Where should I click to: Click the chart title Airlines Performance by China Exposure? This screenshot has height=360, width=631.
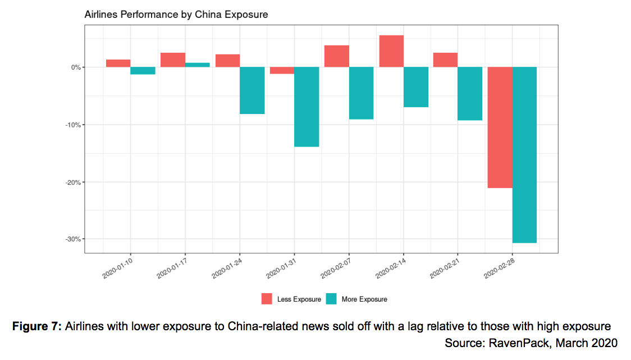tap(176, 15)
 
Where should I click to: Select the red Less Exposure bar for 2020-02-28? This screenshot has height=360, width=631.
tap(500, 127)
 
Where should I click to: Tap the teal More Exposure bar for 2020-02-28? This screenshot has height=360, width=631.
tap(524, 155)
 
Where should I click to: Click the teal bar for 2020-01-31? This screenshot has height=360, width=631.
tap(307, 107)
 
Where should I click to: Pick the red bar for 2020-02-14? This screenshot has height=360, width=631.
tap(391, 51)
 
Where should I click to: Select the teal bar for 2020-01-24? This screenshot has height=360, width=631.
tap(252, 90)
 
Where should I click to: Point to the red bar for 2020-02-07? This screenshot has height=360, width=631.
tap(337, 56)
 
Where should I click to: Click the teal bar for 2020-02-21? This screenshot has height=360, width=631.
tap(470, 94)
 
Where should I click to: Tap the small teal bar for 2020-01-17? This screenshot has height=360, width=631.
tap(198, 65)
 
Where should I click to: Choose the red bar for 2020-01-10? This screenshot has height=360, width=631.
tap(118, 63)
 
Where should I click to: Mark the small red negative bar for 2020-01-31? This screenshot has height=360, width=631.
tap(282, 70)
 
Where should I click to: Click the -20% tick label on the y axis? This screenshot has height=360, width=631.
tap(72, 182)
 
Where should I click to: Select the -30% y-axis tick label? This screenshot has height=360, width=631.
tap(72, 239)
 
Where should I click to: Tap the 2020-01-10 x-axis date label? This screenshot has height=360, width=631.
tap(118, 266)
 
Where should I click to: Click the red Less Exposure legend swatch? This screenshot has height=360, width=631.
tap(267, 299)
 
